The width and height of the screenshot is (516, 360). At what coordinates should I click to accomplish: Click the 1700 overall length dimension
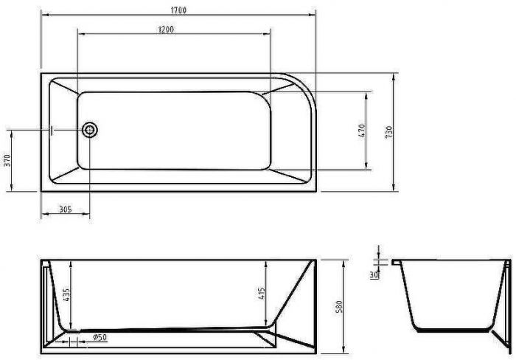click(177, 10)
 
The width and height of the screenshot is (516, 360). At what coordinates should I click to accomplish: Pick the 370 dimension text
click(7, 160)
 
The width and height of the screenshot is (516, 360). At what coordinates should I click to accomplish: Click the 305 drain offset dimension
click(64, 210)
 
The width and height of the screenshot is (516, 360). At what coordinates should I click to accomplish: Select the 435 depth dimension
click(66, 294)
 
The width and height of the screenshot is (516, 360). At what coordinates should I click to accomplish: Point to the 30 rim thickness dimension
click(374, 274)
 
